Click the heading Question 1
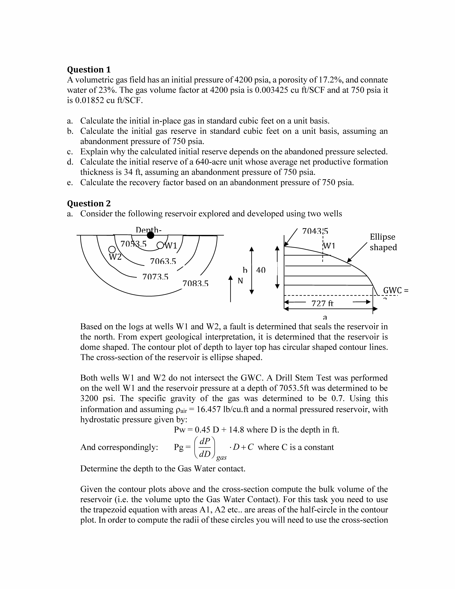coord(89,70)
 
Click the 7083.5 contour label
coord(195,283)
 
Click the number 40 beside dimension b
coord(261,270)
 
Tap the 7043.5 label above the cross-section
coord(315,231)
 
